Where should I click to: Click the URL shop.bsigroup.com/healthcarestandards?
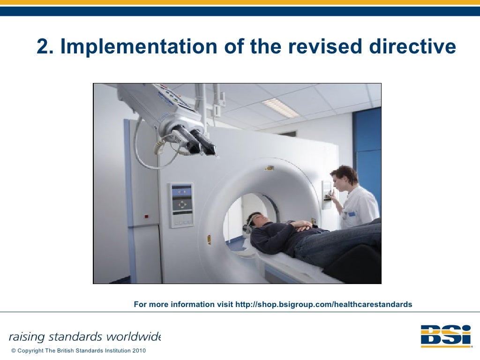(x=323, y=305)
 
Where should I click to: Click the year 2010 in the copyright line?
(x=139, y=351)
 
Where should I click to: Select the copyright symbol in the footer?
(x=13, y=351)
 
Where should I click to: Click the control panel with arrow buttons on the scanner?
(x=181, y=204)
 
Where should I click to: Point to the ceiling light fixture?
(x=280, y=108)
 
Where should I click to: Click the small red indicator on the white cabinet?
(x=146, y=216)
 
